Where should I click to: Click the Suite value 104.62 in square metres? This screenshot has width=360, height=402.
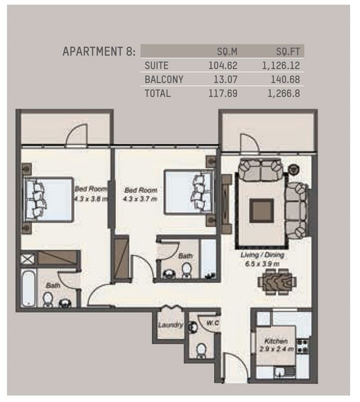[222, 66]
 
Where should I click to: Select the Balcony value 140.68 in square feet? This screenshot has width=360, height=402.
[285, 79]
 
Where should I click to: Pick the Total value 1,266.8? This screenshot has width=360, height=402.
[283, 94]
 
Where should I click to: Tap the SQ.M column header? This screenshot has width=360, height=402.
[227, 52]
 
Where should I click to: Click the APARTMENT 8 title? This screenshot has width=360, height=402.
[99, 51]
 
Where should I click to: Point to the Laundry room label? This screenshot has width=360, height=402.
[170, 325]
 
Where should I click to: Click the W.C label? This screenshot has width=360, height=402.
[213, 323]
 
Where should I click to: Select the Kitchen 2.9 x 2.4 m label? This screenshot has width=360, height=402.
[276, 345]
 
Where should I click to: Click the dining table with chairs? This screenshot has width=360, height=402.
[277, 282]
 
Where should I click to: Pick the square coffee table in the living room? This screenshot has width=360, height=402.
[261, 210]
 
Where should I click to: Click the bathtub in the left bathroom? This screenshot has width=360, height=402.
[28, 288]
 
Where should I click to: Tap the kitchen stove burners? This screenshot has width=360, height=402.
[302, 346]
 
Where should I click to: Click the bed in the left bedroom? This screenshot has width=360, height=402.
[48, 199]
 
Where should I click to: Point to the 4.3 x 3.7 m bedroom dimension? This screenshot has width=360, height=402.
[140, 199]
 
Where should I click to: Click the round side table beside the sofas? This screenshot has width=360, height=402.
[294, 169]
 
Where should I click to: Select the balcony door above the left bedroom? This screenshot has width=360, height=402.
[77, 135]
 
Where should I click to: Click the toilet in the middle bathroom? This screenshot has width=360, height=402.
[186, 270]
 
